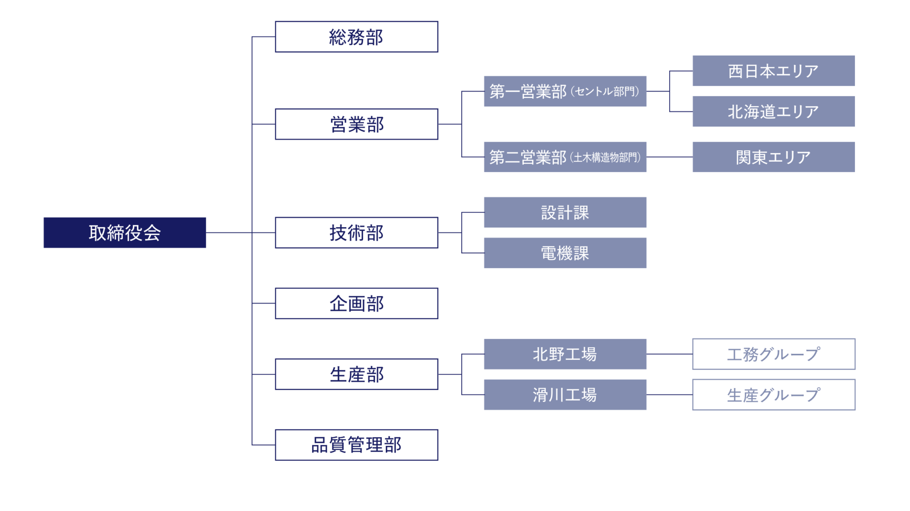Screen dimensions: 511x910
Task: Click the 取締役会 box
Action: pyautogui.click(x=125, y=233)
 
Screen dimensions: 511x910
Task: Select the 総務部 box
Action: pyautogui.click(x=356, y=37)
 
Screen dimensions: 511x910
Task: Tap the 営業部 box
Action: pyautogui.click(x=356, y=124)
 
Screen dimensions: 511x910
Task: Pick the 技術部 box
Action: pyautogui.click(x=356, y=233)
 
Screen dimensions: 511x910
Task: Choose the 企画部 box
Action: pyautogui.click(x=356, y=303)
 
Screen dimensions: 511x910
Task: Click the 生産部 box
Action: pyautogui.click(x=356, y=374)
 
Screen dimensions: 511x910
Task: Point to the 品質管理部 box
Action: pyautogui.click(x=356, y=445)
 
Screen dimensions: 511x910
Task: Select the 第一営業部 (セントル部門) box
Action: pyautogui.click(x=565, y=92)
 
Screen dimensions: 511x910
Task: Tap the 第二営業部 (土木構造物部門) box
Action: pyautogui.click(x=565, y=157)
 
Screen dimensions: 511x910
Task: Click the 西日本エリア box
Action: pyautogui.click(x=773, y=71)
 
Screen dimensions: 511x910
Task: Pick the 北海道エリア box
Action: pyautogui.click(x=773, y=112)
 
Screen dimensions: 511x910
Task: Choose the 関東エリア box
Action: pyautogui.click(x=773, y=157)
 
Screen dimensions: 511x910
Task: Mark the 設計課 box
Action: pyautogui.click(x=565, y=212)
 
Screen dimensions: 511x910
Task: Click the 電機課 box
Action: pyautogui.click(x=565, y=253)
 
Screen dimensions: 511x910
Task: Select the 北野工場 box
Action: pyautogui.click(x=565, y=354)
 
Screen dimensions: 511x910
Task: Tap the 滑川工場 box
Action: pyautogui.click(x=565, y=395)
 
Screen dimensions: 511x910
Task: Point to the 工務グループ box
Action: pyautogui.click(x=773, y=354)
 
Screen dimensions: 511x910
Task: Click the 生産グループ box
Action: pyautogui.click(x=773, y=395)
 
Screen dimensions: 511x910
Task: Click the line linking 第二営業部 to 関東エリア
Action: pyautogui.click(x=669, y=157)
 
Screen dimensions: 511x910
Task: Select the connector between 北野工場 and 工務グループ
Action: pyautogui.click(x=669, y=354)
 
